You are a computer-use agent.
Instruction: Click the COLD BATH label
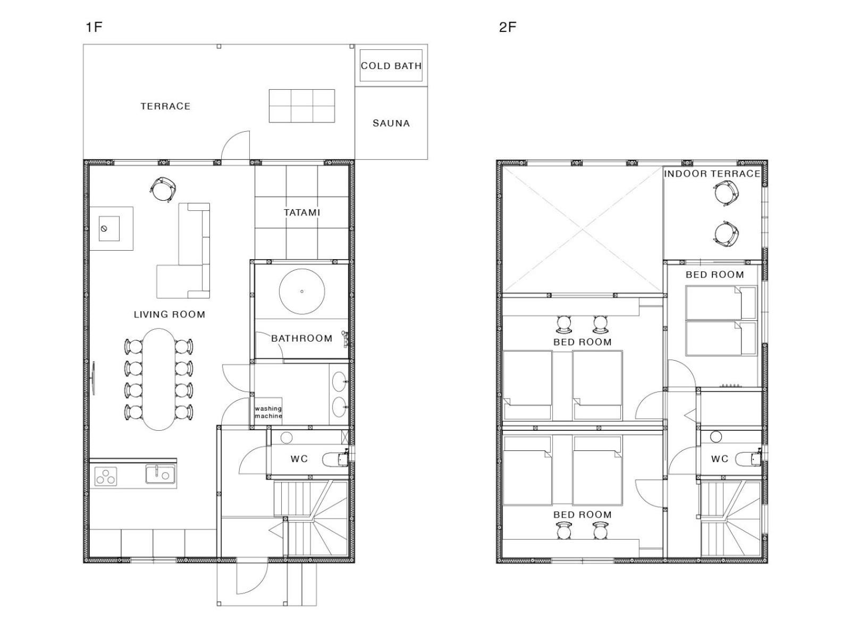point(391,66)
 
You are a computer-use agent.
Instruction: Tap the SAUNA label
point(391,123)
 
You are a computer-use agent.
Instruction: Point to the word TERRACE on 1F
point(165,106)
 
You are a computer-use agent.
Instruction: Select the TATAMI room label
point(301,212)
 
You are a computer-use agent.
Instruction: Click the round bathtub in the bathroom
point(302,292)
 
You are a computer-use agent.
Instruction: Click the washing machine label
point(268,412)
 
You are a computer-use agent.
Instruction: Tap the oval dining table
point(158,379)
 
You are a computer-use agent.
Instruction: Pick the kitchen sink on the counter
point(161,474)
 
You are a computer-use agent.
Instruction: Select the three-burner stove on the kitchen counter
point(106,476)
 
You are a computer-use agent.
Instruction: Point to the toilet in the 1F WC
point(335,459)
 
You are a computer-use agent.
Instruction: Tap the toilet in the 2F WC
point(748,459)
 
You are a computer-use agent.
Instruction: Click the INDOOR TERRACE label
point(712,174)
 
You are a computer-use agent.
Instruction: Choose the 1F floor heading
point(94,27)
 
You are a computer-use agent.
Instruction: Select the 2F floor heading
point(508,27)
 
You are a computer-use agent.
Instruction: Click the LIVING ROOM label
point(169,314)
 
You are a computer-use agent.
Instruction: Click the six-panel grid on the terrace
point(301,106)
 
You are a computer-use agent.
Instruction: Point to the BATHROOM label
point(301,338)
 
